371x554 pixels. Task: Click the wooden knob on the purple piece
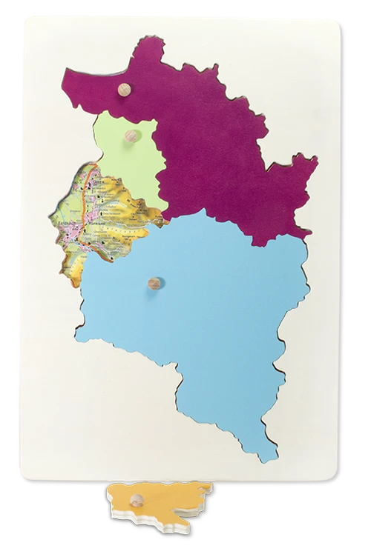tap(125, 90)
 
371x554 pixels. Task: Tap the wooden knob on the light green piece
tap(132, 136)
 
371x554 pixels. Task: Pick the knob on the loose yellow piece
tap(137, 499)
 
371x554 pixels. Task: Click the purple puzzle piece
tap(223, 133)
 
